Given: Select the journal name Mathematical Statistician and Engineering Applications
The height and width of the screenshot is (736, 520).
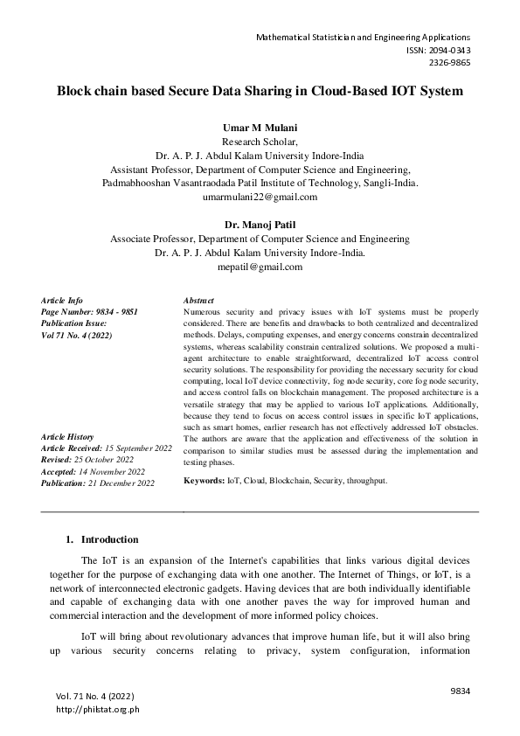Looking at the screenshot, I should [363, 38].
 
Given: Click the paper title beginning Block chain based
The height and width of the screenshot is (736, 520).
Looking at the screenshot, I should [260, 91].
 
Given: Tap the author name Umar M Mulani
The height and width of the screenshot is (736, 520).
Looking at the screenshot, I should [260, 128].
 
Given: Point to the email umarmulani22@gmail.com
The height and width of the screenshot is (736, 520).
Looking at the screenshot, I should [260, 197].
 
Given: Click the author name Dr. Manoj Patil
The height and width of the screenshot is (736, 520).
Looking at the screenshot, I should [260, 225].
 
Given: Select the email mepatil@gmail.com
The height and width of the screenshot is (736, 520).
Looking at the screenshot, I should [260, 267].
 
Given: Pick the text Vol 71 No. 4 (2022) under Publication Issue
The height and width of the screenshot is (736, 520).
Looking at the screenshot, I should [77, 335].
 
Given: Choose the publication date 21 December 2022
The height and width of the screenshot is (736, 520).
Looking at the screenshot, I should [121, 483].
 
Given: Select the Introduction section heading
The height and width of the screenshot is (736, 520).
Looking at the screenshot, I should [109, 540].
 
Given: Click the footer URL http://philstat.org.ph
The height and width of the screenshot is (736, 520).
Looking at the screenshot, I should [97, 709].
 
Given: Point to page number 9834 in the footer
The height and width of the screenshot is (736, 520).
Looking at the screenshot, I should [461, 691].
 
